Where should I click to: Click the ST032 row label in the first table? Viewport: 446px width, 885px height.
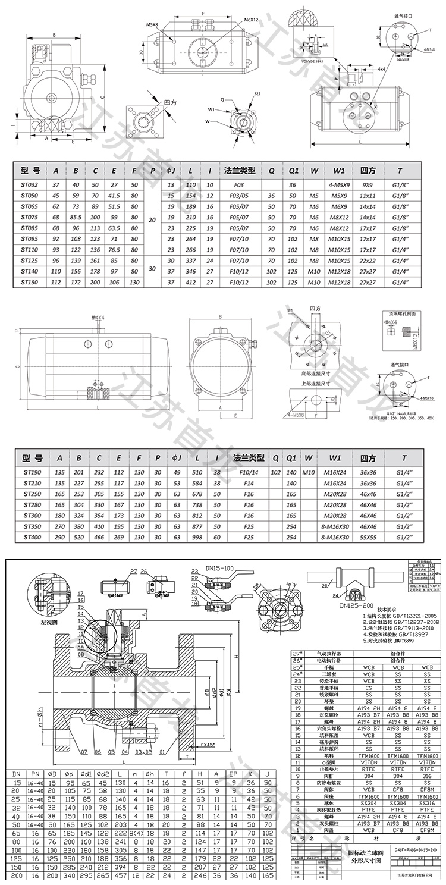coord(29,185)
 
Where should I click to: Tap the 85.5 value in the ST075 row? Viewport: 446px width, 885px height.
coord(76,217)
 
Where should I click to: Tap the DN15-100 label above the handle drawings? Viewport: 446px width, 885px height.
coord(221,569)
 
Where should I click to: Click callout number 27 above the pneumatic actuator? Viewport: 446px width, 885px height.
coord(116,571)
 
